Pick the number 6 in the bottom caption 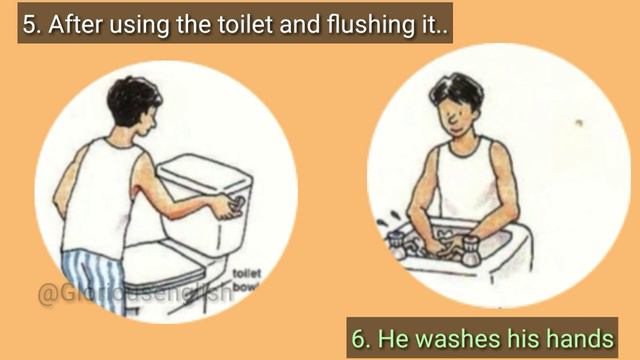tap(361, 337)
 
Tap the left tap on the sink tap(396, 240)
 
